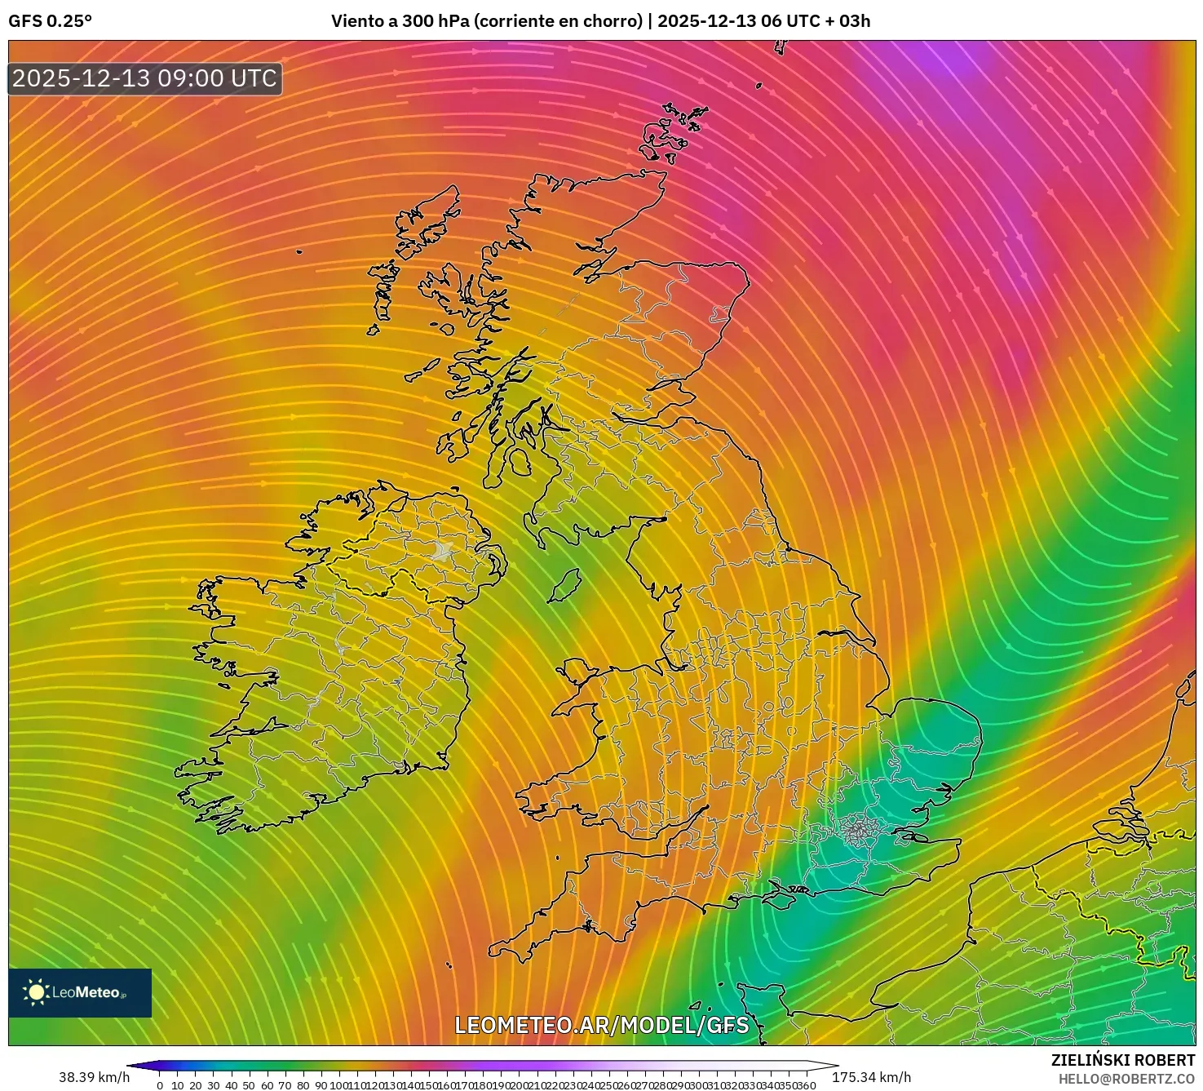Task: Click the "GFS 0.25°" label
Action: (50, 21)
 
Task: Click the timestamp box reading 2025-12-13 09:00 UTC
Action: (145, 78)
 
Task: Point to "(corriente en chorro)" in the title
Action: (559, 21)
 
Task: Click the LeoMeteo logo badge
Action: (80, 992)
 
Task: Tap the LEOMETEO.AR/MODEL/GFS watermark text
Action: (601, 1025)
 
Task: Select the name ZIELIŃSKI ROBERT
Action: (1122, 1060)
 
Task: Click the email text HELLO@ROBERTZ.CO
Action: (1126, 1078)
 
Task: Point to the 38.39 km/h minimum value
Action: (94, 1077)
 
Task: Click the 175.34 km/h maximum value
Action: (871, 1077)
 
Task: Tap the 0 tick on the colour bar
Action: (160, 1085)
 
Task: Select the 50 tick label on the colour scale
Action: (249, 1085)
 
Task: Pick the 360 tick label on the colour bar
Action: (806, 1085)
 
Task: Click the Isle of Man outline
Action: (563, 586)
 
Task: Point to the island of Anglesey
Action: (575, 674)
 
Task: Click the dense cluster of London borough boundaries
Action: (857, 832)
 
